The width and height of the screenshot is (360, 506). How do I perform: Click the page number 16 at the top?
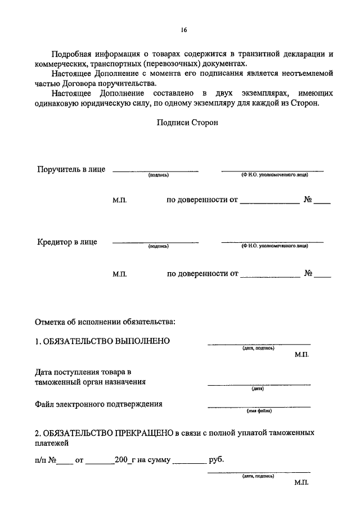pos(184,30)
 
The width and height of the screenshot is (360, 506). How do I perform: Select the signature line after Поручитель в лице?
pos(156,170)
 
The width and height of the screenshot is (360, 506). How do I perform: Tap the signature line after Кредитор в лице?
pos(156,242)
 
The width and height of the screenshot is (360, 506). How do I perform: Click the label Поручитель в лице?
pos(71,169)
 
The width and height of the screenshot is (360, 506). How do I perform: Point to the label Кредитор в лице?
pos(67,242)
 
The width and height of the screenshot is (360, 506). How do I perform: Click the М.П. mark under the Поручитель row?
pos(120,200)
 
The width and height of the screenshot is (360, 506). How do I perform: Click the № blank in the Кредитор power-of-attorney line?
pos(323,277)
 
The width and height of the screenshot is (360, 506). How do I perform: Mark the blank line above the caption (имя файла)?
pos(259,406)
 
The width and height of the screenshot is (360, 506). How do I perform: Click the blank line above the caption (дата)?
pos(259,385)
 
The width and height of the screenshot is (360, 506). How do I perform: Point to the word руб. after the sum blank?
pos(217,460)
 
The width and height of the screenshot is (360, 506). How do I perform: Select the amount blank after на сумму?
pos(189,463)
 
